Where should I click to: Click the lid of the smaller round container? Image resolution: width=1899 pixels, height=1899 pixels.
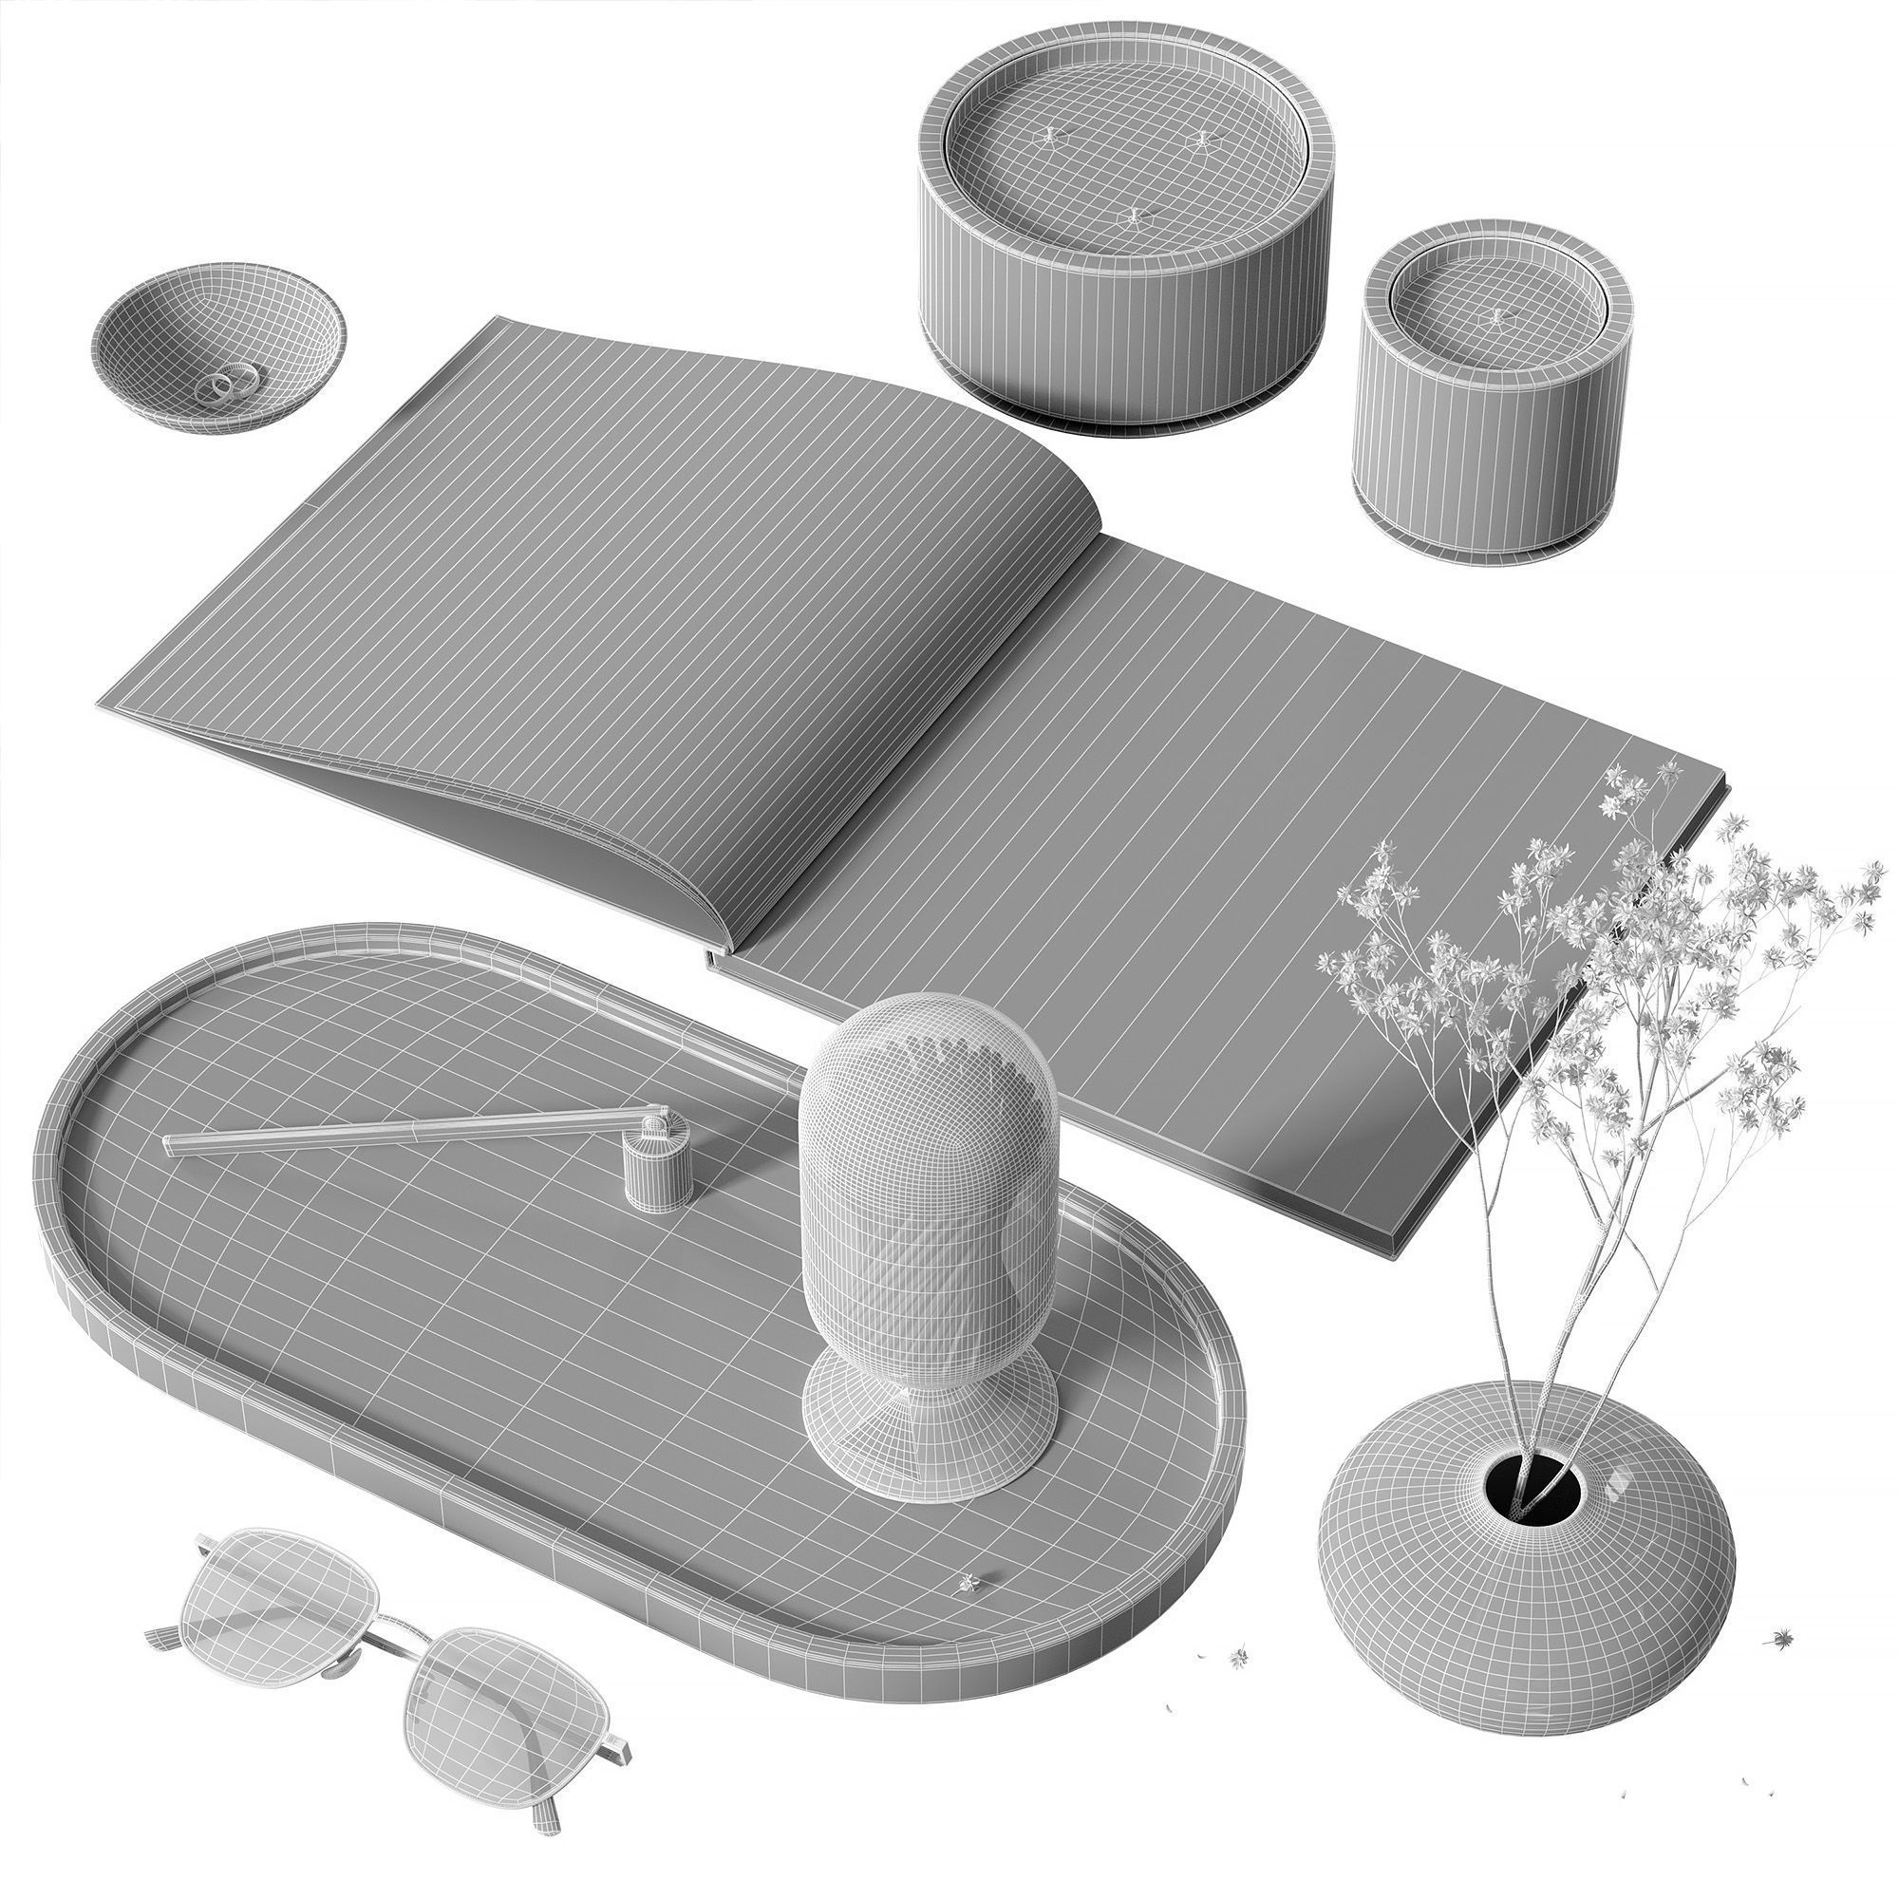[x=1494, y=314]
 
